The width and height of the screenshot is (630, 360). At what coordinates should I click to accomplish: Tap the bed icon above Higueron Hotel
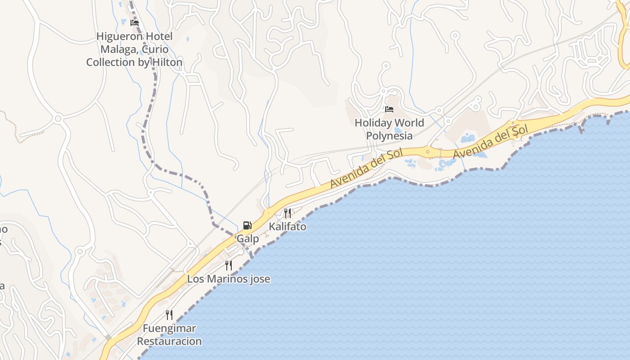pyautogui.click(x=134, y=22)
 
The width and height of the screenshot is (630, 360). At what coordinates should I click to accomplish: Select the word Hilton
pyautogui.click(x=167, y=62)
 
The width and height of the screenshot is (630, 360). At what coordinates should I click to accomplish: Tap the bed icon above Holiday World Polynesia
pyautogui.click(x=389, y=109)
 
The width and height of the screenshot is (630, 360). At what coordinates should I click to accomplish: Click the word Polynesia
pyautogui.click(x=389, y=135)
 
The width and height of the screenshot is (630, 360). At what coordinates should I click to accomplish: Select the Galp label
pyautogui.click(x=248, y=238)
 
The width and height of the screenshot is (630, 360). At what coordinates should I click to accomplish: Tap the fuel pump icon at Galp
pyautogui.click(x=247, y=225)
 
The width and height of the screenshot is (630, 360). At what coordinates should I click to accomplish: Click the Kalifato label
pyautogui.click(x=288, y=226)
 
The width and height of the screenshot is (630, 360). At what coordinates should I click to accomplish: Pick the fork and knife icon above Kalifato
pyautogui.click(x=288, y=213)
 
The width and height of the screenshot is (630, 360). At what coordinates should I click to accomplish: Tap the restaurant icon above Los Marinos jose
pyautogui.click(x=229, y=265)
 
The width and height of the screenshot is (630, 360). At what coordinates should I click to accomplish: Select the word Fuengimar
pyautogui.click(x=170, y=328)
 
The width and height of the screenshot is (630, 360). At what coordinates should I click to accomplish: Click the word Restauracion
pyautogui.click(x=169, y=341)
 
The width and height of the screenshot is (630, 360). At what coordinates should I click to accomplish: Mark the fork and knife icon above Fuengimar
pyautogui.click(x=169, y=315)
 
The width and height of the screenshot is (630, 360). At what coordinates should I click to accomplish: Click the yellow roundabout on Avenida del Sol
pyautogui.click(x=428, y=152)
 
